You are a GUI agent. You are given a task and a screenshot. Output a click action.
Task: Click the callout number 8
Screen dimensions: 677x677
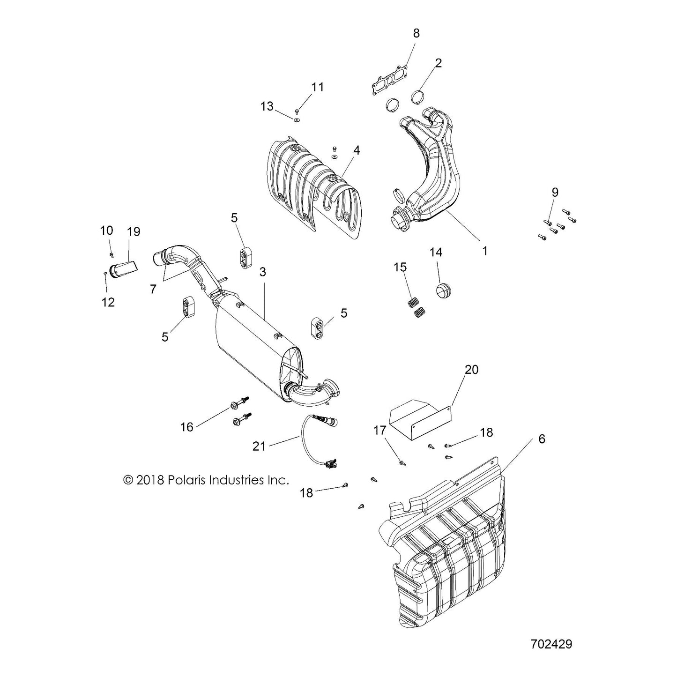(x=416, y=33)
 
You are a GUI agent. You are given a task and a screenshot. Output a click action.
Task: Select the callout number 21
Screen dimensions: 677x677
(x=259, y=446)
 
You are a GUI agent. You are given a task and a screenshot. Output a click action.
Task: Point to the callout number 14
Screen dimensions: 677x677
(x=436, y=252)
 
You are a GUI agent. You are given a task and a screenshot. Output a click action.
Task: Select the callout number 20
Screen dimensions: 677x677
(x=471, y=370)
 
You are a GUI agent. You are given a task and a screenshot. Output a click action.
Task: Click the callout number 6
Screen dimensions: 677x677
(x=542, y=439)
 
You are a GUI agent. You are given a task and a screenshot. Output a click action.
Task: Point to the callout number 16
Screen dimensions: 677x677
(x=187, y=427)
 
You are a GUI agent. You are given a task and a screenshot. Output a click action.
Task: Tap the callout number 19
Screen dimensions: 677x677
(x=134, y=231)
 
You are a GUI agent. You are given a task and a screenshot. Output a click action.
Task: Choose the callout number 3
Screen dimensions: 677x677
(x=263, y=272)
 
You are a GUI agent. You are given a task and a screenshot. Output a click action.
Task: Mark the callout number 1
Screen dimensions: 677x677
(x=485, y=251)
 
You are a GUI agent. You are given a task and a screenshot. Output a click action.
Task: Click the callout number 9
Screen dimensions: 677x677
(x=555, y=192)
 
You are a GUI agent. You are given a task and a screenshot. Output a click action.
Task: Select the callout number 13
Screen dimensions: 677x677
(x=267, y=106)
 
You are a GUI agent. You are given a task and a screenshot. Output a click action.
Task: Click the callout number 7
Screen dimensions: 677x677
(x=153, y=289)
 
